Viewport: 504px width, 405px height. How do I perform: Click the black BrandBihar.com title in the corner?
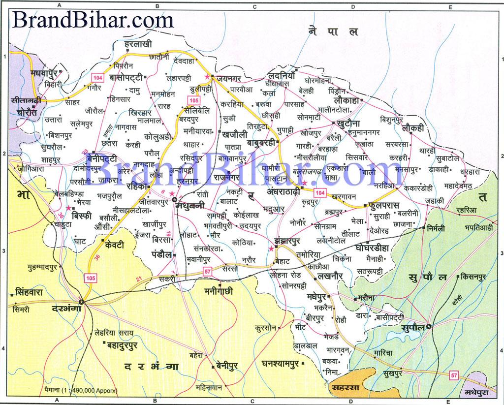93,20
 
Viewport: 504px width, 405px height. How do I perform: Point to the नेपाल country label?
333,32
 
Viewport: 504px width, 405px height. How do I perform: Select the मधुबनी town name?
193,207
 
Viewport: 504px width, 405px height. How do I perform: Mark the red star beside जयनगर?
207,78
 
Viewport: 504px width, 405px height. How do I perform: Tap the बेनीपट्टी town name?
101,158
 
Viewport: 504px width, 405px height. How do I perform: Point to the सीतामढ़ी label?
29,99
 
